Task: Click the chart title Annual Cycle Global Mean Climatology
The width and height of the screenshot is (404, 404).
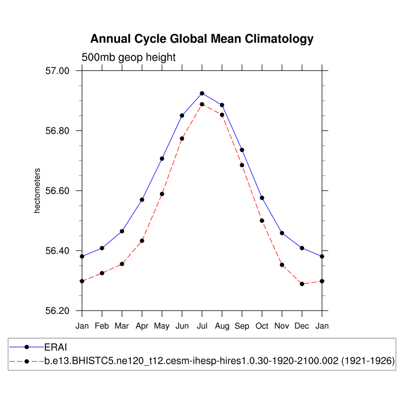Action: (x=202, y=39)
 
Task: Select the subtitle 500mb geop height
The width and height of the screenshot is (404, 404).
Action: (x=128, y=57)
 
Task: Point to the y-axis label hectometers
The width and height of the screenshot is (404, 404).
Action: (x=37, y=191)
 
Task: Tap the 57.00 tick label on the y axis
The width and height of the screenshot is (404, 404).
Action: (x=57, y=71)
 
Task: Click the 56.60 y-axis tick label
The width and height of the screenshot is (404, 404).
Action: (x=57, y=191)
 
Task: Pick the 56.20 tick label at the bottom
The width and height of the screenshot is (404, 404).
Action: (x=57, y=311)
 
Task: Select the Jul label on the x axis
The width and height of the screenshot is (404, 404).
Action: (x=202, y=326)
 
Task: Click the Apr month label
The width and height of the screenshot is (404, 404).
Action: (x=142, y=326)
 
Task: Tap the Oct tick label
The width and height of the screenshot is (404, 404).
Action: (x=262, y=326)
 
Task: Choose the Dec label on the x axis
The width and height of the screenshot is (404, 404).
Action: (x=302, y=326)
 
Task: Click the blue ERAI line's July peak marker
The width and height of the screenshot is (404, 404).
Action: (x=202, y=93)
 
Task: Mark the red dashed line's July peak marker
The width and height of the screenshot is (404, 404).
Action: (x=202, y=104)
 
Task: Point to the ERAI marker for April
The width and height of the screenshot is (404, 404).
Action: (x=142, y=200)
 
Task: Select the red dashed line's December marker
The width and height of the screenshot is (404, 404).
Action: (x=302, y=284)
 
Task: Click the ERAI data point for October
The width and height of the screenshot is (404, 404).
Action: (x=262, y=198)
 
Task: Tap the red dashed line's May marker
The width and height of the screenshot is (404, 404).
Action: (x=162, y=194)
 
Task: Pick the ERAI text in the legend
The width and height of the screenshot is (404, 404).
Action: (x=56, y=347)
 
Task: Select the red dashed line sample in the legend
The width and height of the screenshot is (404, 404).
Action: (x=27, y=361)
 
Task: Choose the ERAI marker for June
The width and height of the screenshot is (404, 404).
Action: (x=182, y=115)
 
